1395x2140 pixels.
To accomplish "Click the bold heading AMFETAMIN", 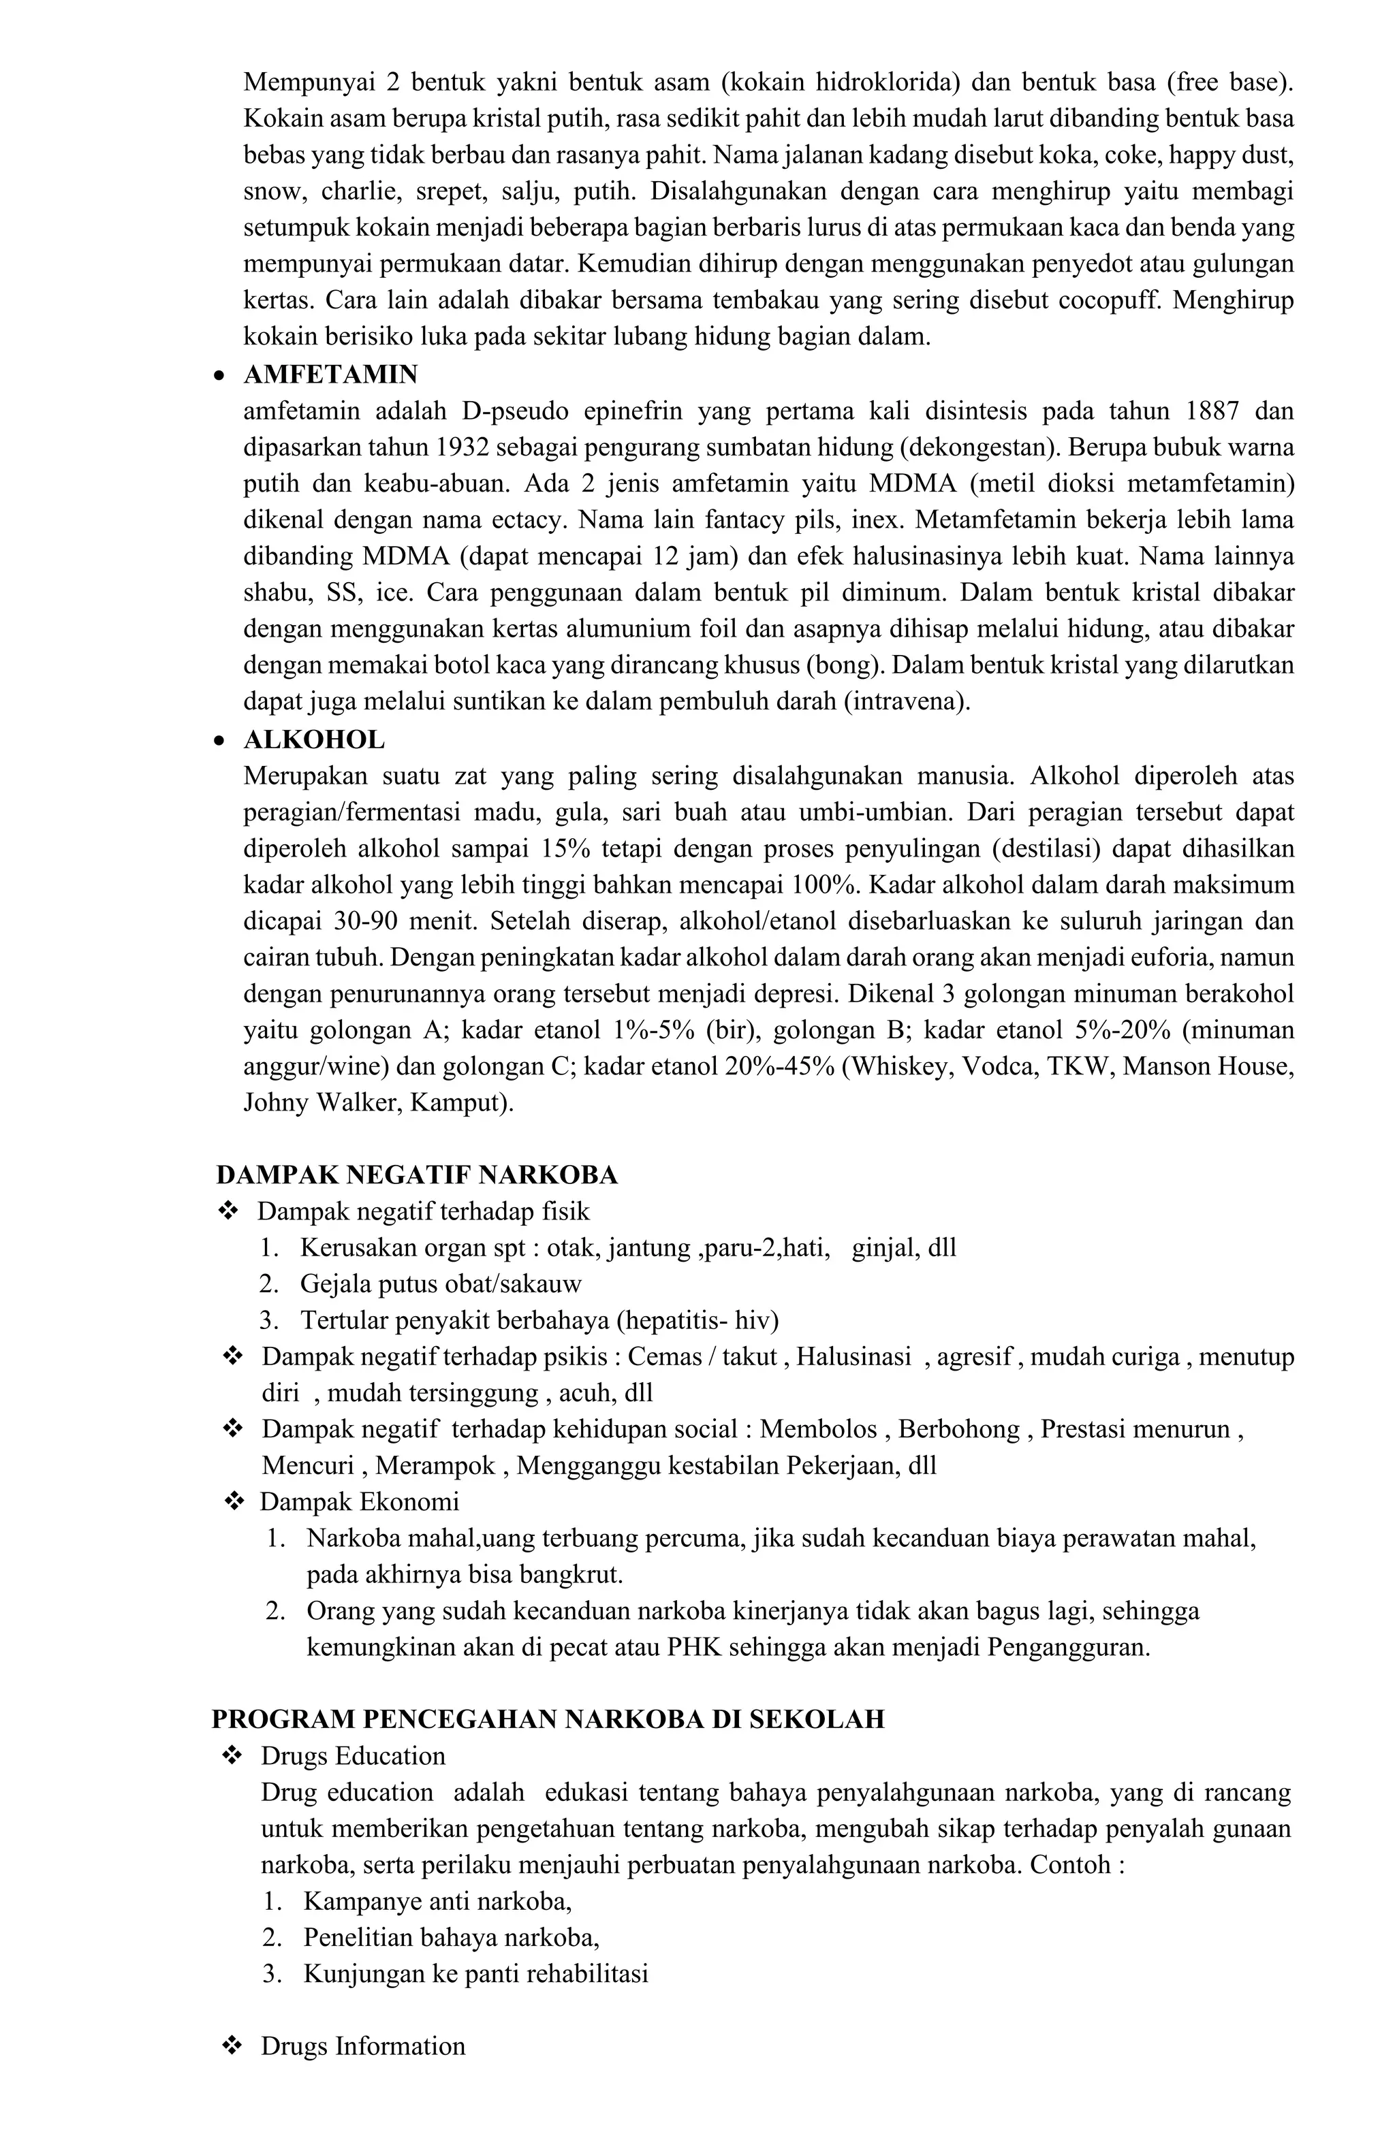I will pyautogui.click(x=330, y=374).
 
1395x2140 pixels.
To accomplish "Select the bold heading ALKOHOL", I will pyautogui.click(x=314, y=740).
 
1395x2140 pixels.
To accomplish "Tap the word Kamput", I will pyautogui.click(x=460, y=1102).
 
